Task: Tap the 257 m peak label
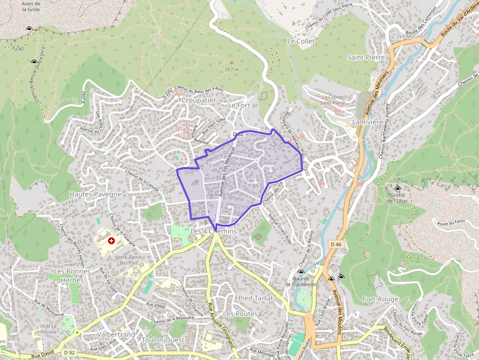[232, 69]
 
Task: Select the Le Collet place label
[301, 41]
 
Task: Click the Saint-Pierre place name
[366, 57]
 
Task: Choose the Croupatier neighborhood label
[198, 100]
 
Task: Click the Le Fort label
[239, 105]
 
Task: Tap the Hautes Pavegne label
[95, 194]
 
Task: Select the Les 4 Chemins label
[214, 231]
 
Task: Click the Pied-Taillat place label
[255, 298]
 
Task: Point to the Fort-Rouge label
[381, 299]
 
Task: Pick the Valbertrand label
[116, 335]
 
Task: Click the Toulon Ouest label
[163, 339]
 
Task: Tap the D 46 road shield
[335, 244]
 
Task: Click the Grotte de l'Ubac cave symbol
[397, 189]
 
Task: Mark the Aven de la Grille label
[31, 6]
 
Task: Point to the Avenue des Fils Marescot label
[227, 171]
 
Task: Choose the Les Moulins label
[411, 36]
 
